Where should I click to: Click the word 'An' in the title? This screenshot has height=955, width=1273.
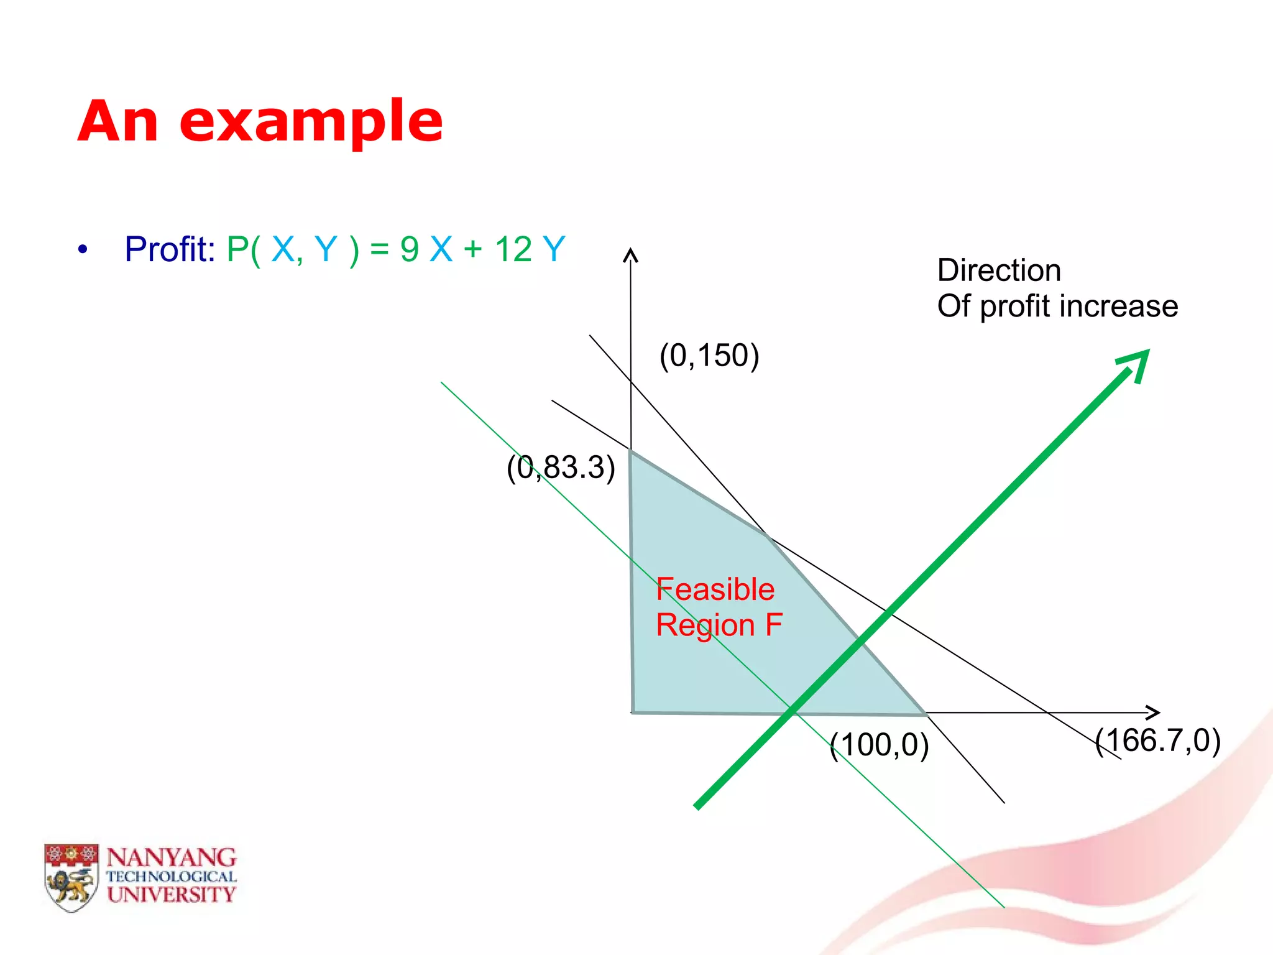click(118, 122)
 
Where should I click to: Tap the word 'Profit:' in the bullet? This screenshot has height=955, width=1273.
click(169, 249)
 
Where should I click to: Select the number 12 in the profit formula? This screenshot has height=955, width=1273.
click(513, 249)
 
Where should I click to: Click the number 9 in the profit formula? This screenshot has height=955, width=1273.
click(409, 249)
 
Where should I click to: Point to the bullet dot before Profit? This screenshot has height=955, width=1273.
click(83, 251)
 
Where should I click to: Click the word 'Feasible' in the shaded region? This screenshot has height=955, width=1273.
click(715, 589)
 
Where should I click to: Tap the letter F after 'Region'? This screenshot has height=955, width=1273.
click(773, 624)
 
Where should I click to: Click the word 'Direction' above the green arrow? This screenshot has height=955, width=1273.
click(998, 270)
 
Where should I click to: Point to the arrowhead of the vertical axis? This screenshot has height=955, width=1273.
click(631, 255)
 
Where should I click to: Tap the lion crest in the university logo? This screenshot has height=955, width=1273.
click(71, 877)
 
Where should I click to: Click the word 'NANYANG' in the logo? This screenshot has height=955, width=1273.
click(171, 857)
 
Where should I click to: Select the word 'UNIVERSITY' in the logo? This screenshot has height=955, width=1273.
click(171, 894)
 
